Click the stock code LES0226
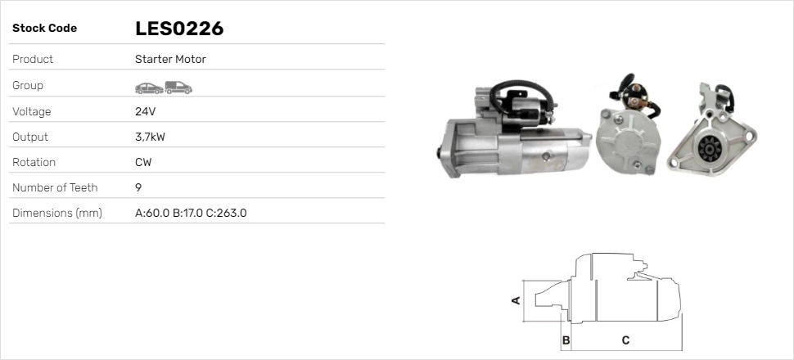click(179, 29)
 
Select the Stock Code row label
click(44, 29)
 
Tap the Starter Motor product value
click(170, 60)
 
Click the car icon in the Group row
click(148, 87)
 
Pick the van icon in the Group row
click(178, 87)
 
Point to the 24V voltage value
click(145, 111)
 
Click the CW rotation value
click(143, 162)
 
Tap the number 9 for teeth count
click(138, 187)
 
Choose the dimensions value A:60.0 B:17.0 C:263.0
click(191, 213)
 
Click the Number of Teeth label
click(55, 187)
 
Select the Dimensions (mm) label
click(56, 213)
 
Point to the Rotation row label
click(34, 162)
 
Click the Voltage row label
click(31, 111)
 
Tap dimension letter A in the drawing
click(517, 300)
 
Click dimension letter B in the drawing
click(565, 340)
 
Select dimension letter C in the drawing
click(625, 340)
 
